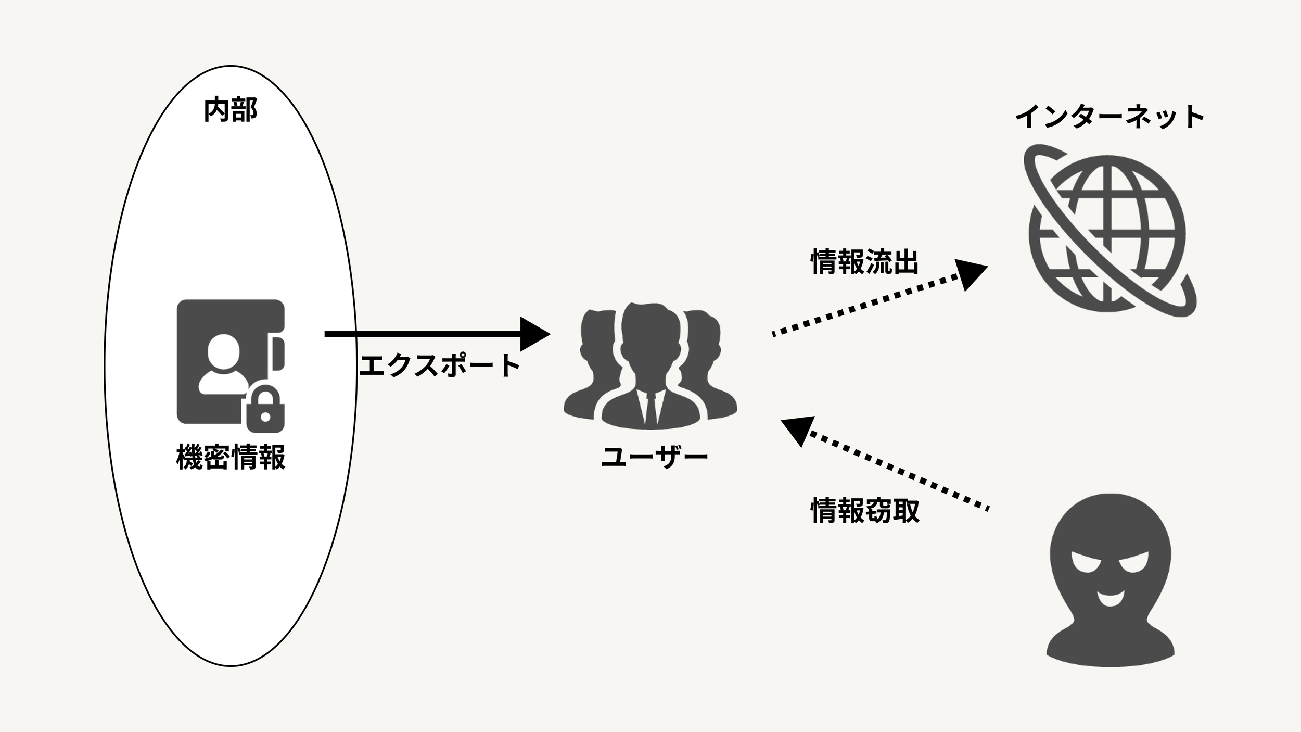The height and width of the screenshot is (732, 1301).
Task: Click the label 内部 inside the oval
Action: [230, 110]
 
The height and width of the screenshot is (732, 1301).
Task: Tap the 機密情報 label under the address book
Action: [231, 457]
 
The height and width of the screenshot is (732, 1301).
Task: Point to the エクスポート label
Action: [440, 365]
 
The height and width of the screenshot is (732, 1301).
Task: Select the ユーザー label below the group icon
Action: [654, 457]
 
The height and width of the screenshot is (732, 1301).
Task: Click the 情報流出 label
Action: [865, 261]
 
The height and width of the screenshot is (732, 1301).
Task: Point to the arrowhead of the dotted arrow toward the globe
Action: [971, 274]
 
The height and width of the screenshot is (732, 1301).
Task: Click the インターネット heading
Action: [1109, 117]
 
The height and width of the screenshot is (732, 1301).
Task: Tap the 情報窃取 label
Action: [865, 511]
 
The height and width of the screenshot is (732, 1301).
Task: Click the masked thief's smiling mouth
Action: [1109, 600]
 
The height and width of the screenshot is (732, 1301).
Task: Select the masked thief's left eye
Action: [1086, 563]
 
